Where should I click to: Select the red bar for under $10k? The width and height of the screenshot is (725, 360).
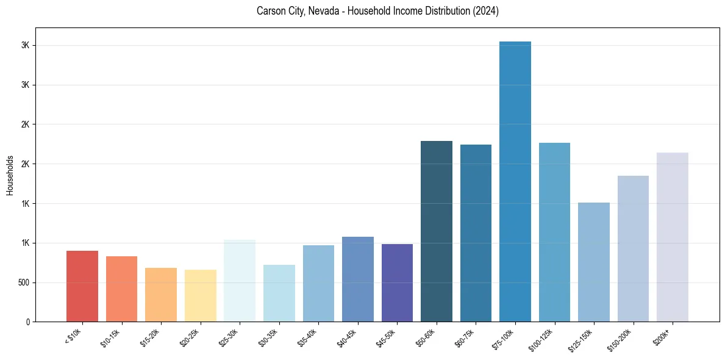pos(82,286)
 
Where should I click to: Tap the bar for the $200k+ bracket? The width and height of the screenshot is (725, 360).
pos(673,237)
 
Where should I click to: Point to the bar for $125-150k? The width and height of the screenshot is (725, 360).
pos(594,262)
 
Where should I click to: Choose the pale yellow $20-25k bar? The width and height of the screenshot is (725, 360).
pos(201,296)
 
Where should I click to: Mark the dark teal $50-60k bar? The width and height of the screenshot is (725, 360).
pos(437,231)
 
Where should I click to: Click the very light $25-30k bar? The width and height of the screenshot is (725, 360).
pos(240,281)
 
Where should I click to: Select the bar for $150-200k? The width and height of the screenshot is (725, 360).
pos(633,249)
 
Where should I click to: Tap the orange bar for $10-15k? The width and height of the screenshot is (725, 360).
pos(122,289)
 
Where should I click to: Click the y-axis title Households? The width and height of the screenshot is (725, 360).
pos(10,175)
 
